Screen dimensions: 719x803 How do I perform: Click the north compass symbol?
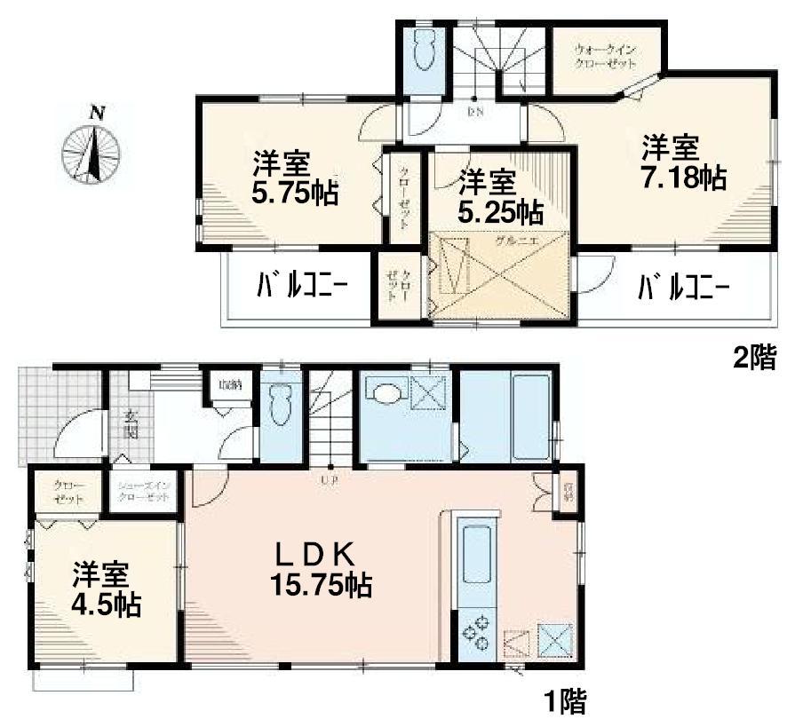pyautogui.click(x=92, y=149)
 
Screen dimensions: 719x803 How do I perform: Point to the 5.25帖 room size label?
pyautogui.click(x=501, y=211)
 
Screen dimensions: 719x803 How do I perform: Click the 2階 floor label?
pyautogui.click(x=753, y=359)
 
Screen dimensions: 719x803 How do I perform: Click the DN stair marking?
pyautogui.click(x=474, y=112)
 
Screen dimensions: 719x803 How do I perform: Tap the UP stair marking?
pyautogui.click(x=330, y=480)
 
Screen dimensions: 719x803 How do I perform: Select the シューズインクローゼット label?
pyautogui.click(x=146, y=493)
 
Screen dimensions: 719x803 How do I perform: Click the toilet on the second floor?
pyautogui.click(x=423, y=55)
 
